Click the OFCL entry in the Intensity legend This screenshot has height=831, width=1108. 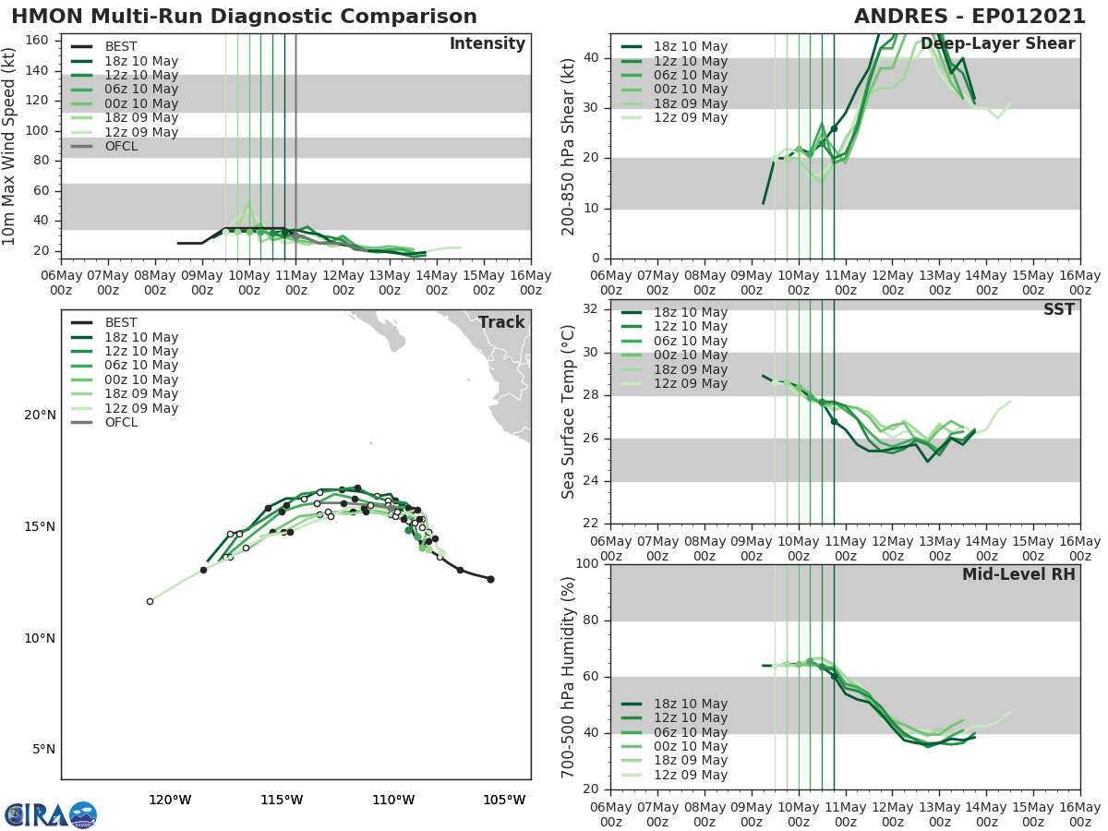pyautogui.click(x=121, y=146)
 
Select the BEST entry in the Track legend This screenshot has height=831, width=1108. pyautogui.click(x=121, y=323)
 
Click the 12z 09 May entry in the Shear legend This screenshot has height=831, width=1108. pyautogui.click(x=690, y=117)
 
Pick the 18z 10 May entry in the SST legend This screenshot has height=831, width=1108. pyautogui.click(x=690, y=312)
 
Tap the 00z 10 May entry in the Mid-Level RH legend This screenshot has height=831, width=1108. pyautogui.click(x=690, y=746)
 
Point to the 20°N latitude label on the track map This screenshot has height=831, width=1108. pyautogui.click(x=40, y=415)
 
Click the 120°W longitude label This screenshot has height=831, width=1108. pyautogui.click(x=170, y=800)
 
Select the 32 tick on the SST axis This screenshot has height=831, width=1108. pyautogui.click(x=589, y=309)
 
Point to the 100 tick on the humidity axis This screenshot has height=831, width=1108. pyautogui.click(x=585, y=564)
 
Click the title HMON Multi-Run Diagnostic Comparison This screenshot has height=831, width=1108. pyautogui.click(x=244, y=17)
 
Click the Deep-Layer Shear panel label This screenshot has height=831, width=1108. pyautogui.click(x=997, y=44)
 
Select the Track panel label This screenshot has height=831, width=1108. pyautogui.click(x=501, y=322)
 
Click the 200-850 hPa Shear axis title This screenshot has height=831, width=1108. pyautogui.click(x=570, y=146)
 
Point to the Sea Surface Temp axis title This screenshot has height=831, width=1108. pyautogui.click(x=570, y=411)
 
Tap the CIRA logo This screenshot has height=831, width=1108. pyautogui.click(x=50, y=815)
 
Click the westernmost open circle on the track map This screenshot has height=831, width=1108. pyautogui.click(x=150, y=601)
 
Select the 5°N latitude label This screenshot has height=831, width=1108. pyautogui.click(x=43, y=749)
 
